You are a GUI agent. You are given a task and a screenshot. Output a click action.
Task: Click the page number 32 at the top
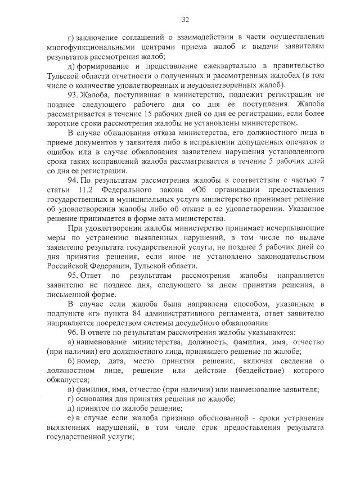click(x=185, y=20)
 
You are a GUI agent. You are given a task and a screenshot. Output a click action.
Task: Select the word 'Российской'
click(x=69, y=267)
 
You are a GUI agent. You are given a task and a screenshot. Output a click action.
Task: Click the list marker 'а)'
click(x=71, y=343)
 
